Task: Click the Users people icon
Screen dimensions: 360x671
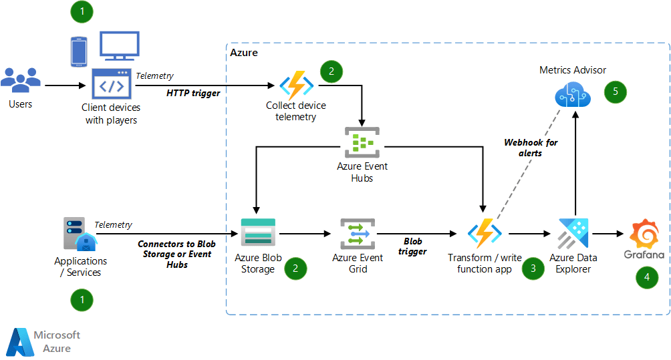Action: coord(20,80)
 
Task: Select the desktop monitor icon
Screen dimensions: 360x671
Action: coord(119,47)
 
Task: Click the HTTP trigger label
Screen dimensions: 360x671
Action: coord(193,94)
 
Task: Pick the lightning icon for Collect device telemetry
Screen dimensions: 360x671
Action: coord(296,85)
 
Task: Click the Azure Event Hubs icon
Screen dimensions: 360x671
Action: coord(362,142)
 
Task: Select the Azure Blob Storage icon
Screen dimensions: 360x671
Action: coord(257,233)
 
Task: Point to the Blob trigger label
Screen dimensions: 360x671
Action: coord(413,246)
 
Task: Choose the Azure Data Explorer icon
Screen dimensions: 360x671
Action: coord(573,234)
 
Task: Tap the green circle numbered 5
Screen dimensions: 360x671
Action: coord(616,92)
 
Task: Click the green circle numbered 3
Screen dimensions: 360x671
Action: coord(533,269)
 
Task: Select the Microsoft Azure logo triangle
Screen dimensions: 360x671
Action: coord(19,342)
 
